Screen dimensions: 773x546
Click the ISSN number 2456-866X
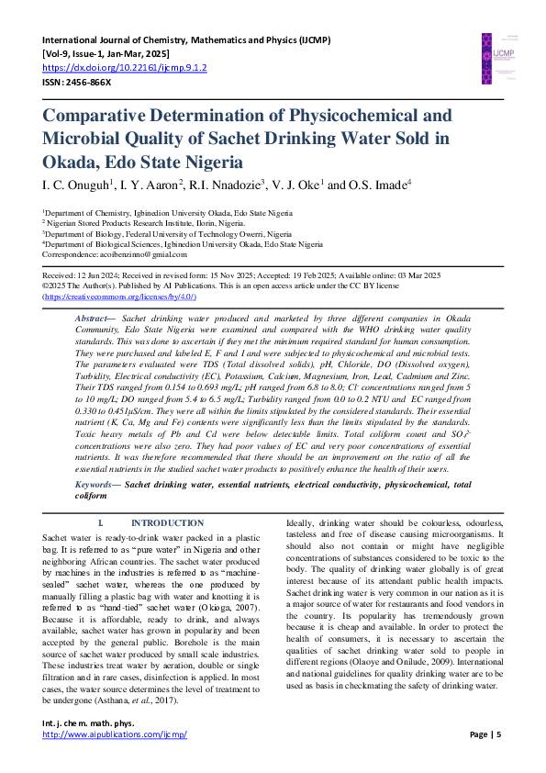pyautogui.click(x=88, y=82)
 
